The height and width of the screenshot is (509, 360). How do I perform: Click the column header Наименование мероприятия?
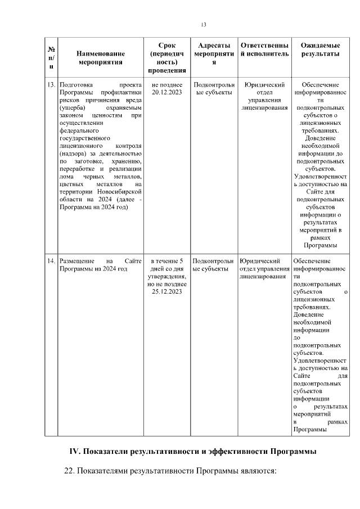point(101,58)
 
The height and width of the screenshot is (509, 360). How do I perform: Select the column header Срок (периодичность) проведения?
point(167,57)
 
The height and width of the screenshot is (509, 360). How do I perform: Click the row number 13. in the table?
point(51,85)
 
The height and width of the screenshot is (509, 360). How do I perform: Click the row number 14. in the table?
point(51,261)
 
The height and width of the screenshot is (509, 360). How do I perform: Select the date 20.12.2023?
point(167,92)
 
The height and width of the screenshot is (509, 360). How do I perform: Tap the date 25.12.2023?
point(167,291)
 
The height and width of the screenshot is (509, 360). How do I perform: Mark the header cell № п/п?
point(51,58)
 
